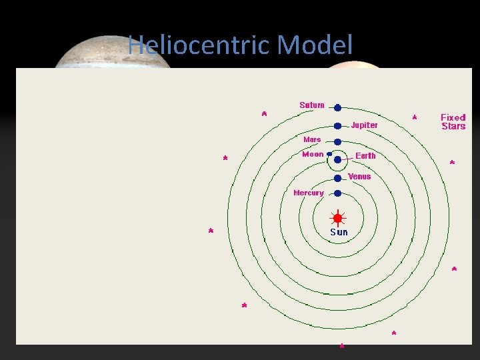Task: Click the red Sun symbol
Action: [x=337, y=218]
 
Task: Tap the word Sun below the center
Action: [x=339, y=232]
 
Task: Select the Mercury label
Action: [x=309, y=193]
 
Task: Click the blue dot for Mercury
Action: [x=337, y=193]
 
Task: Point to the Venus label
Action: [x=359, y=177]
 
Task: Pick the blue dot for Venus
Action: [x=337, y=177]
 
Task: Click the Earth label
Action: [x=365, y=155]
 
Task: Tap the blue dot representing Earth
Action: [x=337, y=160]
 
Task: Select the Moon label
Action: [x=313, y=154]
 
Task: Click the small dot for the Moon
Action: [x=329, y=153]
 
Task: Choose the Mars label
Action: [x=312, y=139]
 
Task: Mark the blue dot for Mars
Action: [x=337, y=141]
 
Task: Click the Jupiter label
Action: [x=364, y=125]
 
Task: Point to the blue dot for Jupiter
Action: [x=337, y=125]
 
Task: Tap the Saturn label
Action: [x=312, y=105]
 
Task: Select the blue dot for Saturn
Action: [x=337, y=107]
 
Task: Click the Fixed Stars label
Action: [x=453, y=121]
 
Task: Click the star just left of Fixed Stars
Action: [x=415, y=118]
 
